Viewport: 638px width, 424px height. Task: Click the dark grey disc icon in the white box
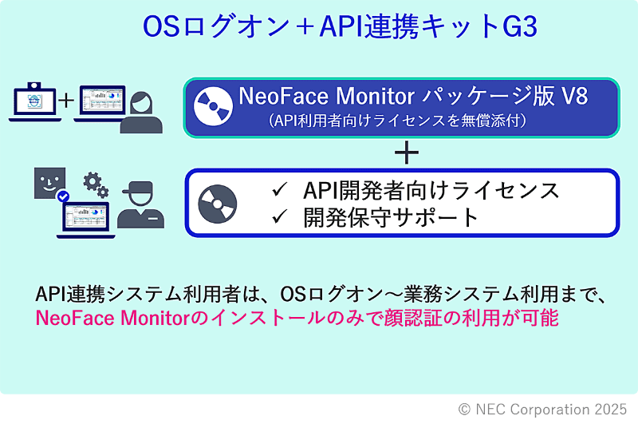coord(217,204)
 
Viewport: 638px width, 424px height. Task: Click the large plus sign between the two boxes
coord(407,152)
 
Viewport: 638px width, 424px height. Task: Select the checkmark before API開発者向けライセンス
coord(279,191)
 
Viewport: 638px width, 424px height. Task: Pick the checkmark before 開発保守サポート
coord(279,217)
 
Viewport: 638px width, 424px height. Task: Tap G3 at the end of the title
coord(519,27)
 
